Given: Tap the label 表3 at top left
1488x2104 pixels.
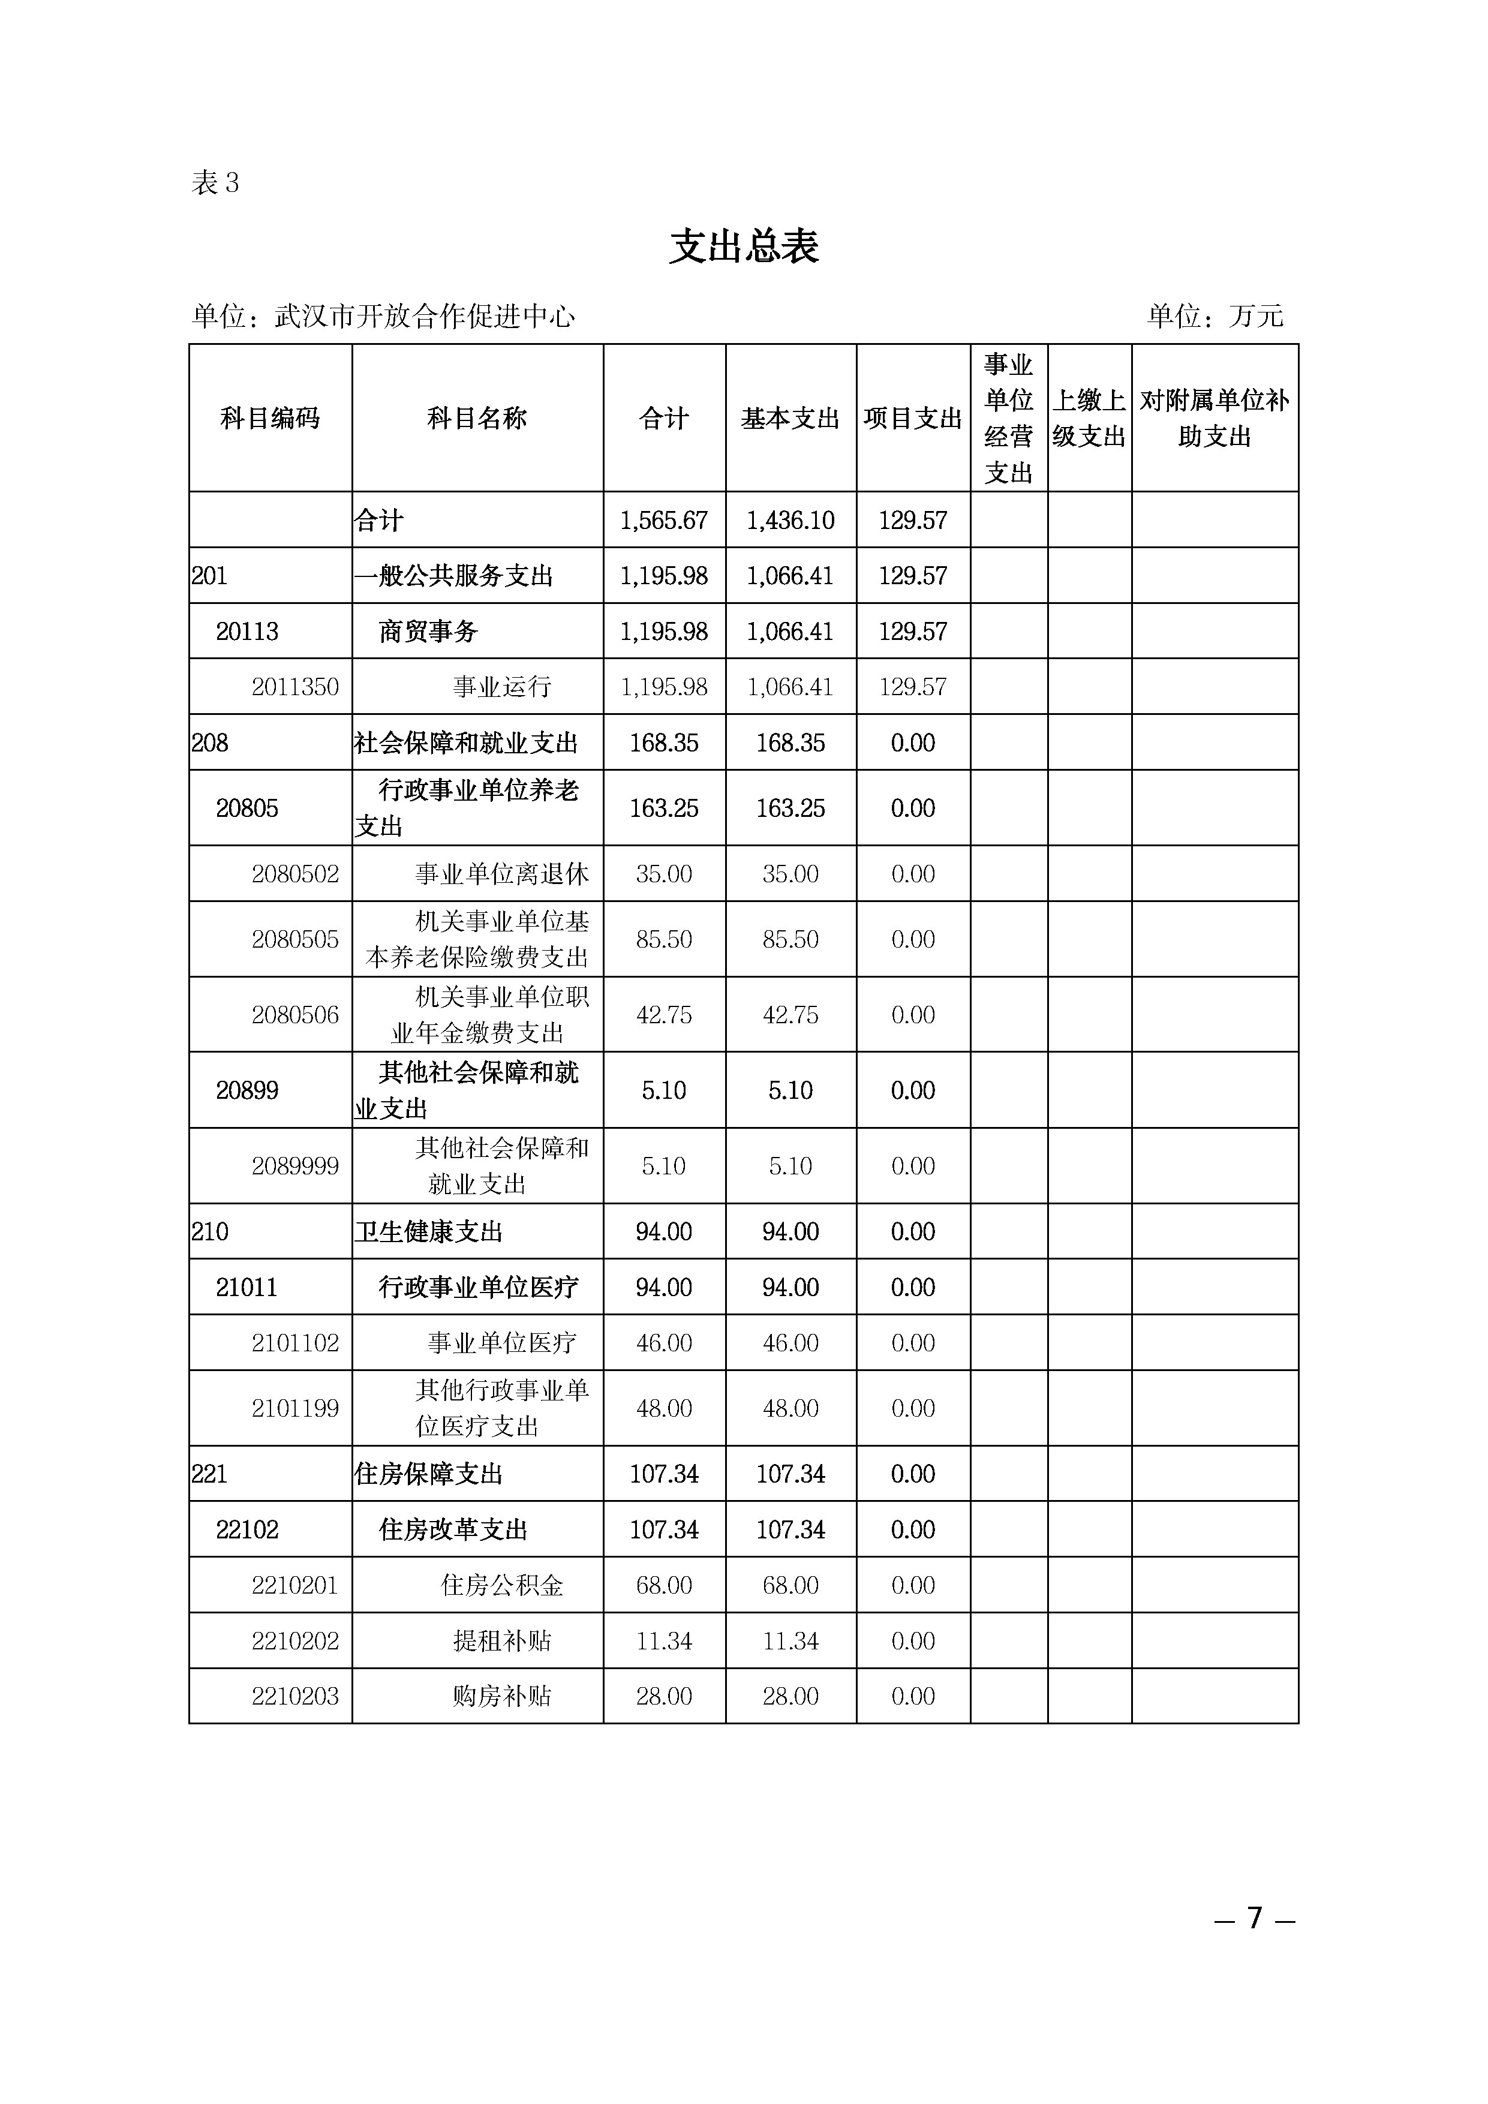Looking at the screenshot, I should pos(215,184).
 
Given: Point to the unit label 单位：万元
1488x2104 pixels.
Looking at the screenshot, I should pos(1215,316).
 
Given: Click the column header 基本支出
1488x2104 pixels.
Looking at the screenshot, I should pos(790,419).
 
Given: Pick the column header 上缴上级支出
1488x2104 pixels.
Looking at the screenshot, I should pos(1089,419).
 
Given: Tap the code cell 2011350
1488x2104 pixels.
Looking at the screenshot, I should pos(295,686).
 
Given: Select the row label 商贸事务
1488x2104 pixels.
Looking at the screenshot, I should pos(428,632).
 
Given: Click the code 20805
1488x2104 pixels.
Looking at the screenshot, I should pos(247,808).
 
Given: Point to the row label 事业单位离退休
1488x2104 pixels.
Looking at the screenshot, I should pos(501,874).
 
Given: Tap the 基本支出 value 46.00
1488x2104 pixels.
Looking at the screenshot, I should pos(790,1343).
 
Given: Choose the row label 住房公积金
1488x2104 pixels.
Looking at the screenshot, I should pos(501,1585).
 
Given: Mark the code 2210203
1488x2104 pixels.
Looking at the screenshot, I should pos(295,1696).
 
